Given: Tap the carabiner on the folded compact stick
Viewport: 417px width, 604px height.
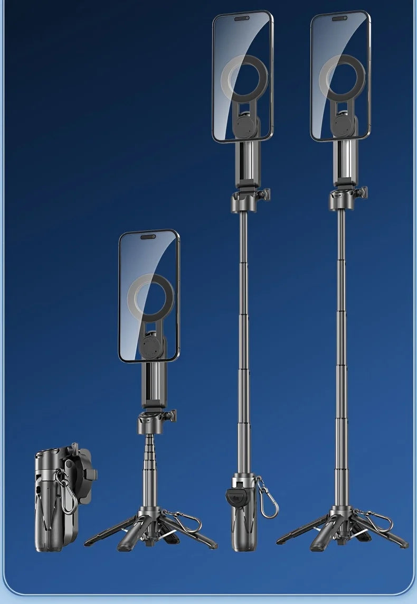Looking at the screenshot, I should pos(67,494).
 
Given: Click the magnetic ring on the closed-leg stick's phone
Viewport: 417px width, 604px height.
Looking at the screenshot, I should pos(244,79).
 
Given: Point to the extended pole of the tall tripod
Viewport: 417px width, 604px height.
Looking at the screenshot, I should pos(341,343).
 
